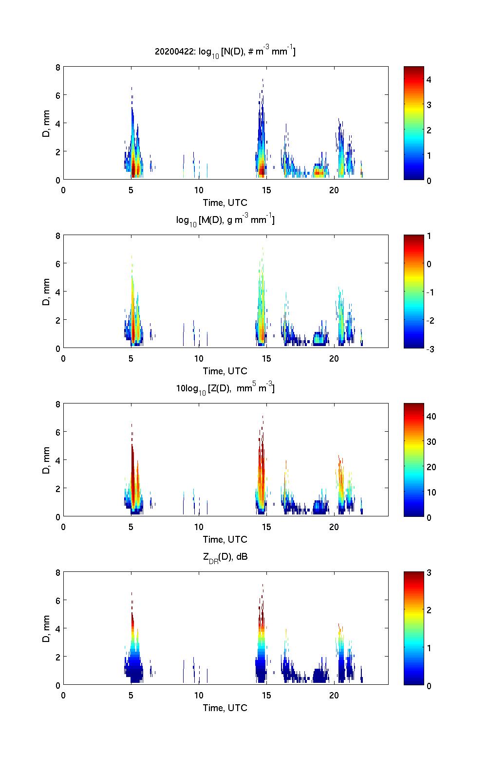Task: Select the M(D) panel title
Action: [225, 220]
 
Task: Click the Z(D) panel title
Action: [225, 388]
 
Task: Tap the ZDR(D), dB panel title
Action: [225, 557]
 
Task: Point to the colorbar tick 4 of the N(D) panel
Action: [429, 79]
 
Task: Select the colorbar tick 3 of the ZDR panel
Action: [429, 573]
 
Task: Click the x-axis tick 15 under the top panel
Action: [266, 190]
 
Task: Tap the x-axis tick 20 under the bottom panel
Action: [334, 695]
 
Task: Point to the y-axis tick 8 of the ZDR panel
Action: [58, 573]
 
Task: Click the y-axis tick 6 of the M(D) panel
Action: [58, 263]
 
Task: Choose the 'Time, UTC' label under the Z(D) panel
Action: [225, 539]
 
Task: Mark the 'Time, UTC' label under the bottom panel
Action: [225, 708]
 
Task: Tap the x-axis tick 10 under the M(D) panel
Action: [199, 358]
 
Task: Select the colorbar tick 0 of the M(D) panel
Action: [429, 264]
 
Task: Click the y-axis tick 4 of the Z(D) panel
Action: [58, 460]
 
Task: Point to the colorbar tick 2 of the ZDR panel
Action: [429, 610]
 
